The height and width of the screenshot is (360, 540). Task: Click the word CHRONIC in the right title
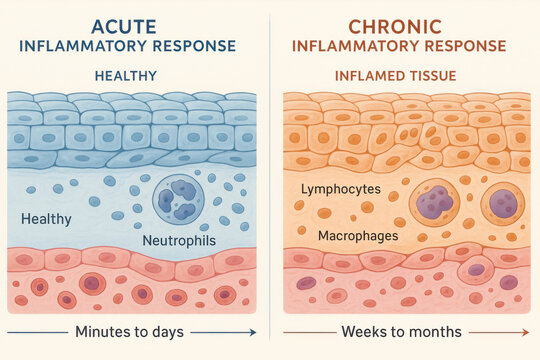click(405, 26)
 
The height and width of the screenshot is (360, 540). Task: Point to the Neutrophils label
click(177, 241)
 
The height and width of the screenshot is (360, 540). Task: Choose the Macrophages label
click(358, 236)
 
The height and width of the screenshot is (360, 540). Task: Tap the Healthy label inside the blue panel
click(46, 218)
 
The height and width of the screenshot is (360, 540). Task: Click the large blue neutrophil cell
click(178, 199)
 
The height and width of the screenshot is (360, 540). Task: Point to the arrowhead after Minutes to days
click(251, 331)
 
